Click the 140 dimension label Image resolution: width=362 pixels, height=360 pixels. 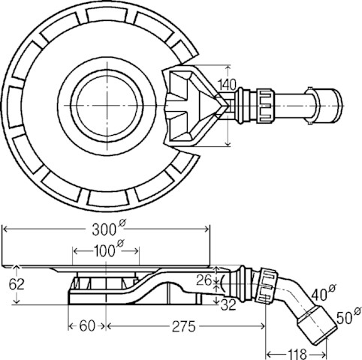pos(227,85)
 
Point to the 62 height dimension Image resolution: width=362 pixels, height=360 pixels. pos(17,284)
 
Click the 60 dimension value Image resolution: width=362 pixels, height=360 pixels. pos(87,326)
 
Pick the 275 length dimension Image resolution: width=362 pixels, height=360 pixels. pos(183,326)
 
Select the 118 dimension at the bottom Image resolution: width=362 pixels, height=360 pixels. pos(297,354)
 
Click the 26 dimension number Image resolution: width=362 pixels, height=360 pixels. pos(204,280)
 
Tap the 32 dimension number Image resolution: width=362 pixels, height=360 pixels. pos(228,305)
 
